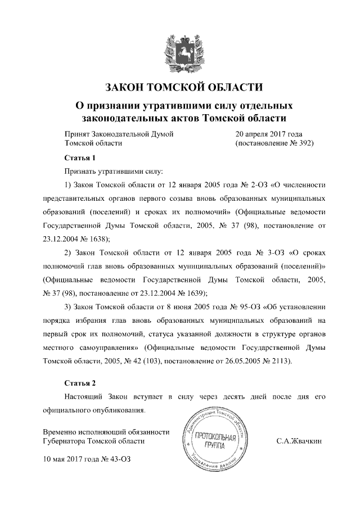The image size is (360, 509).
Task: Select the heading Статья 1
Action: (x=77, y=157)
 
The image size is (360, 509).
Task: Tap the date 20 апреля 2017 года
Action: (x=269, y=134)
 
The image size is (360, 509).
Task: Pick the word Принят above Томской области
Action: (x=79, y=134)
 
